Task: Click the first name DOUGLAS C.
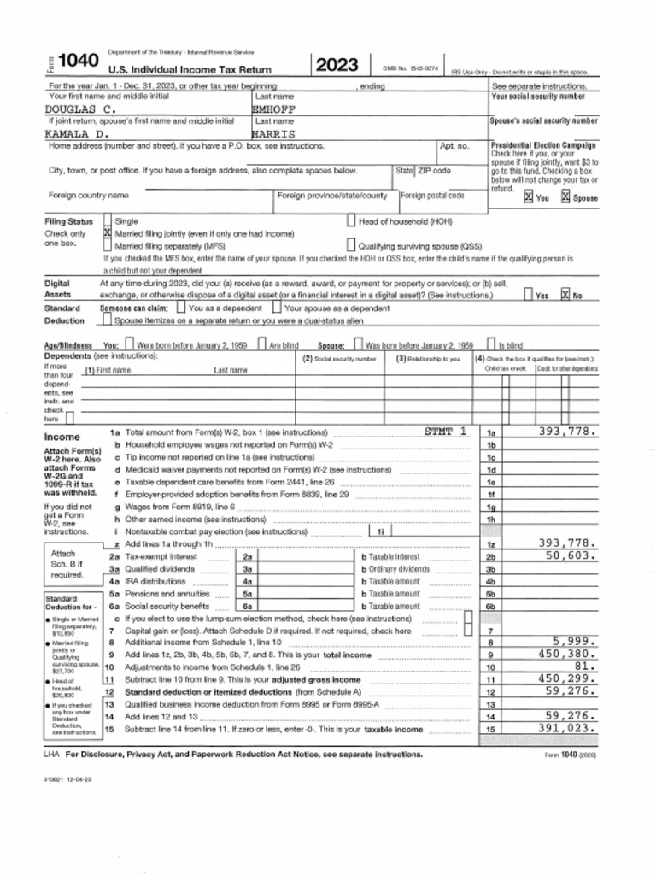[x=80, y=109]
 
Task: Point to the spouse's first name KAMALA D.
[x=77, y=134]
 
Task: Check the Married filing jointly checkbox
[x=108, y=233]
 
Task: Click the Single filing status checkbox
[x=108, y=221]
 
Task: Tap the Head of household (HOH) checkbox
[x=351, y=221]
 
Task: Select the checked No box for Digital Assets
[x=565, y=295]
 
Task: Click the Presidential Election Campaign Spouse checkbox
[x=565, y=197]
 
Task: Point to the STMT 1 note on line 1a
[x=446, y=432]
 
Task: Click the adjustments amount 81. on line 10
[x=585, y=666]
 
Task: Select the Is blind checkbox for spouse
[x=491, y=345]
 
